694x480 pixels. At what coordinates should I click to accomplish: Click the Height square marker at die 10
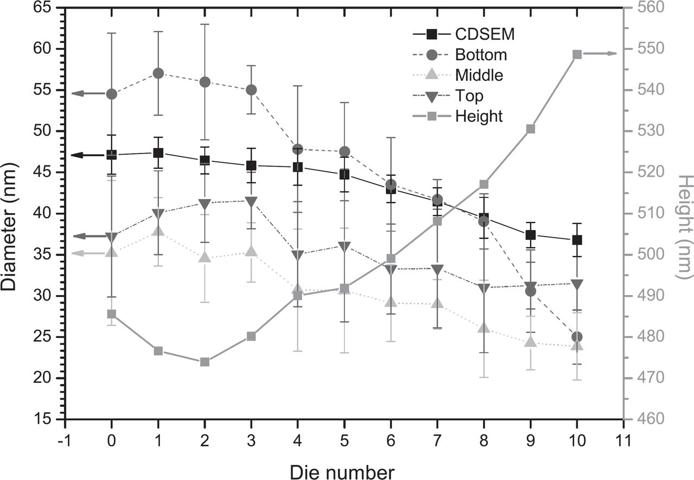577,54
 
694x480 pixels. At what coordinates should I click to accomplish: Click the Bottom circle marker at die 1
158,73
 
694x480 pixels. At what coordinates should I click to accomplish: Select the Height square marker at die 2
204,362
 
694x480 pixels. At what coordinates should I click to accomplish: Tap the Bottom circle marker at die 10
577,337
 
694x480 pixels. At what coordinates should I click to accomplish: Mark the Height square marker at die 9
531,129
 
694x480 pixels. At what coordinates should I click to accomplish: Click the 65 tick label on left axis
45,8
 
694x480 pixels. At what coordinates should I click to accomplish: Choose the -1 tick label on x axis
64,439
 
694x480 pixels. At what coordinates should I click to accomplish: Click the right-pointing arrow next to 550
602,54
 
